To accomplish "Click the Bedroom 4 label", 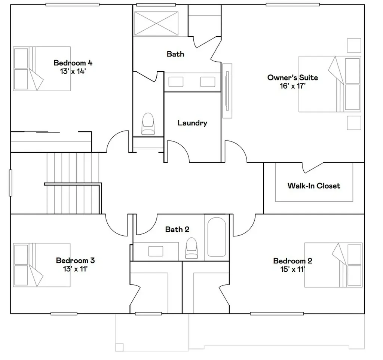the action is point(73,63).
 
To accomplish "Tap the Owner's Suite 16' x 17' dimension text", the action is point(292,86).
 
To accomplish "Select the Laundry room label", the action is point(192,123).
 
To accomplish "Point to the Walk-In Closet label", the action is point(314,186).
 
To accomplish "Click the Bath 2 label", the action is point(177,229).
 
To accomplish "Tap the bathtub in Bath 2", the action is point(217,237).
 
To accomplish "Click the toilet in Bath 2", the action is point(191,248).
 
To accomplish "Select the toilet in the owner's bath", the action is point(148,123).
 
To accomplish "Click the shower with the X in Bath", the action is point(156,24).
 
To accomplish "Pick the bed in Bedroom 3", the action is point(42,265).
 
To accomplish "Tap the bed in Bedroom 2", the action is point(333,265).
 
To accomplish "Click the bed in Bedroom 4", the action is point(42,69).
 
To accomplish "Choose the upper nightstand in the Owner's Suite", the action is point(354,45).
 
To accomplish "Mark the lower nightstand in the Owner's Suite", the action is point(354,123).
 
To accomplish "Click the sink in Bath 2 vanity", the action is point(156,251).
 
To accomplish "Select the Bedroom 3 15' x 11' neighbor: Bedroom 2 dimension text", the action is point(292,269).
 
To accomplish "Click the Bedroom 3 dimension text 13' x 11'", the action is point(75,269).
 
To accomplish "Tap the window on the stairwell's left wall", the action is point(10,183).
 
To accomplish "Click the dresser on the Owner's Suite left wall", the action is point(227,91).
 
